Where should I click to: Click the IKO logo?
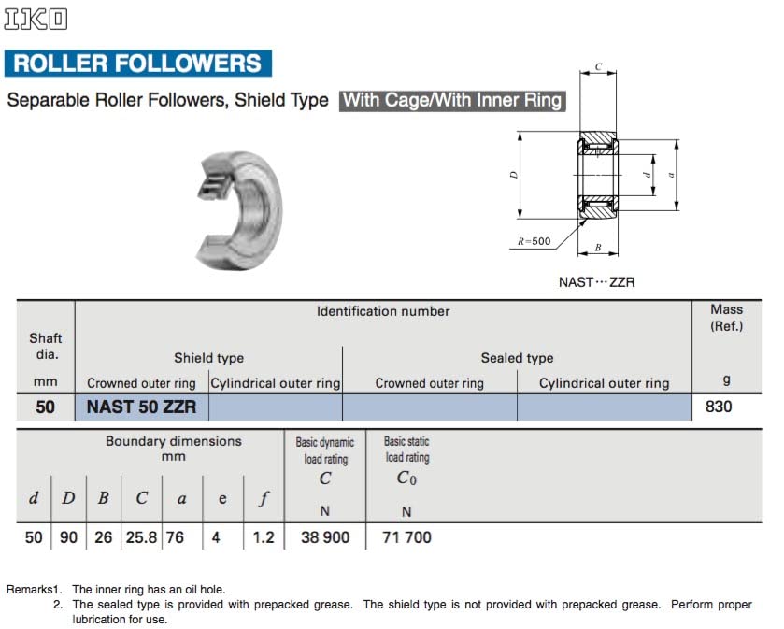36,20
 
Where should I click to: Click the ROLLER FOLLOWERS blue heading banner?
137,64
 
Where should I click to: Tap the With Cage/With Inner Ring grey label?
453,100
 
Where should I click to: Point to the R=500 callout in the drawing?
535,241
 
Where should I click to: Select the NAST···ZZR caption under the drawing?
596,282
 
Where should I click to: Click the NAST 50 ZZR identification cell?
141,407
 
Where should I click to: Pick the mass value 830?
719,407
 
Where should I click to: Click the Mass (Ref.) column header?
726,318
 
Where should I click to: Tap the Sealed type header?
517,358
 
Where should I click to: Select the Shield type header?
208,358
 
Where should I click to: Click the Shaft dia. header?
45,346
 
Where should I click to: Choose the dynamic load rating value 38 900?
324,537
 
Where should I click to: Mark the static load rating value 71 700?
406,537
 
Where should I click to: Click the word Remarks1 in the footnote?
35,590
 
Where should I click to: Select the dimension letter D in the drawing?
514,175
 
